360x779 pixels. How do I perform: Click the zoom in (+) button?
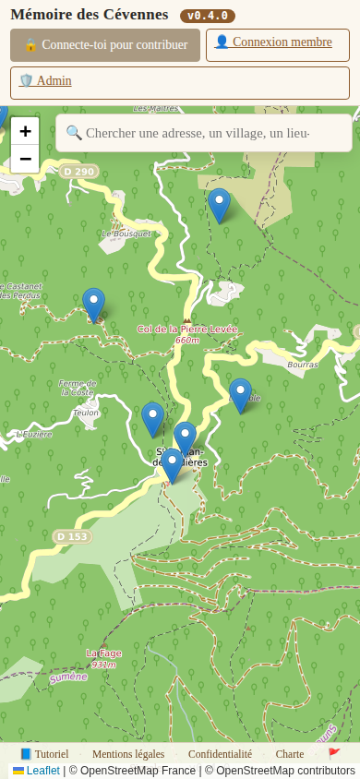tap(25, 131)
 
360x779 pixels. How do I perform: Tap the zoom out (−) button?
tap(25, 159)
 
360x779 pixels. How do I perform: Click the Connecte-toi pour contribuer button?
tap(105, 44)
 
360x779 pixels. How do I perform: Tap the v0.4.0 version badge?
tap(208, 16)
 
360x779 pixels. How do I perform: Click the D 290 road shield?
tap(79, 172)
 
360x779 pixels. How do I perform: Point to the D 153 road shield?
tap(72, 536)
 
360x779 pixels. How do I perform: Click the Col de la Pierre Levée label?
tap(187, 330)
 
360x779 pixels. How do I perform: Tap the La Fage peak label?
tap(103, 653)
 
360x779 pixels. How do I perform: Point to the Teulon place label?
tap(86, 413)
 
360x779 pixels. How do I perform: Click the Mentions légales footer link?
tap(128, 754)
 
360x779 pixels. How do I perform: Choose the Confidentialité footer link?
tap(220, 754)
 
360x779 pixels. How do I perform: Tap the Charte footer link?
tap(290, 754)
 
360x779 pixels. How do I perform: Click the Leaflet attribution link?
tap(42, 771)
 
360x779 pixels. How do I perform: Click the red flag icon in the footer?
tap(334, 754)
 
